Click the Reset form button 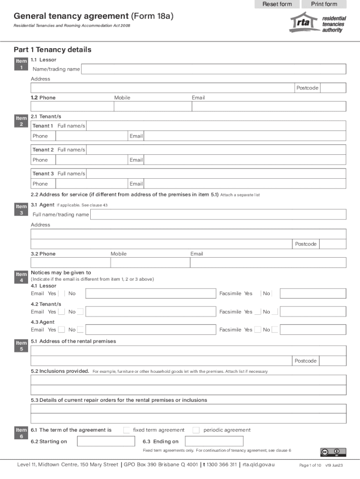(x=277, y=4)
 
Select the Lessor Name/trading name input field (x=214, y=69)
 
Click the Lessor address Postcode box (x=333, y=88)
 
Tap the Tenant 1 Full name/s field (x=216, y=126)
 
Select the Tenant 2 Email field (x=245, y=160)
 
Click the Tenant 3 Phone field (x=91, y=184)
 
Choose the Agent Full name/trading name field (x=218, y=215)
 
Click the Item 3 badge (x=22, y=210)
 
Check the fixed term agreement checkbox (x=127, y=430)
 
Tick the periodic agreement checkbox (x=196, y=430)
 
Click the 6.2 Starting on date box (x=106, y=441)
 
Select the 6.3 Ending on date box (x=214, y=441)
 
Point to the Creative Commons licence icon (x=333, y=452)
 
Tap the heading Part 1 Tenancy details (x=52, y=50)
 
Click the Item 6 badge (x=22, y=433)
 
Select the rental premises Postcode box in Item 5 (x=333, y=361)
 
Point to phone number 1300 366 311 (x=222, y=464)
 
